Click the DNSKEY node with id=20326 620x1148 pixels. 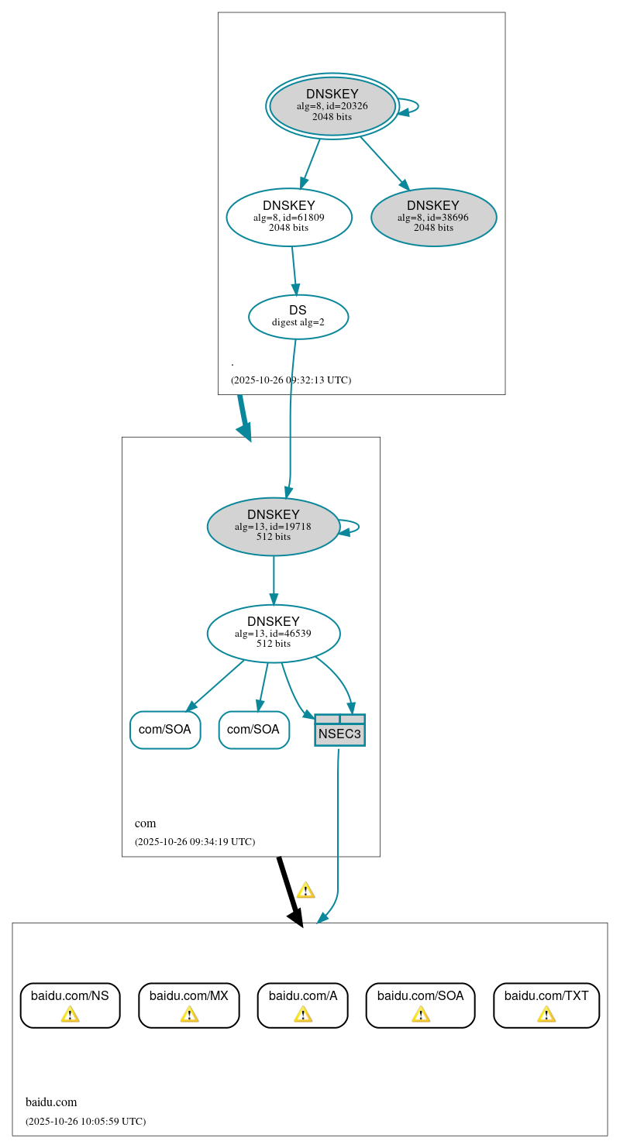coord(332,106)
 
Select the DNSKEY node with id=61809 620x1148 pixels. coord(289,217)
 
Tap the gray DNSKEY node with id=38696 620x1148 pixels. coord(433,217)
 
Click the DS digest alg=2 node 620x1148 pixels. coord(298,316)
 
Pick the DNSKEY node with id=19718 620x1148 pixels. coord(273,526)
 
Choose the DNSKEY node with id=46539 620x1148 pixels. coord(273,633)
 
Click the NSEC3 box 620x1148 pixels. coord(339,734)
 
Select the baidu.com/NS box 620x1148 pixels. coord(70,1005)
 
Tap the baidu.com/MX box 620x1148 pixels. coord(189,1005)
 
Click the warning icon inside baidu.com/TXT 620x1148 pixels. coord(546,1014)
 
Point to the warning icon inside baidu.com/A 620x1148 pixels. coord(303,1014)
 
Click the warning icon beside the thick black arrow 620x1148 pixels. coord(305,890)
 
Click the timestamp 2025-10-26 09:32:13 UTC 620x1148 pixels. coord(291,380)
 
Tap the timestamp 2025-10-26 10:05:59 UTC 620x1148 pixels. coord(85,1121)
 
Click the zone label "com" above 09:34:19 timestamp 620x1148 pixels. coord(145,823)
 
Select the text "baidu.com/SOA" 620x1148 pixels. coord(420,995)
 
